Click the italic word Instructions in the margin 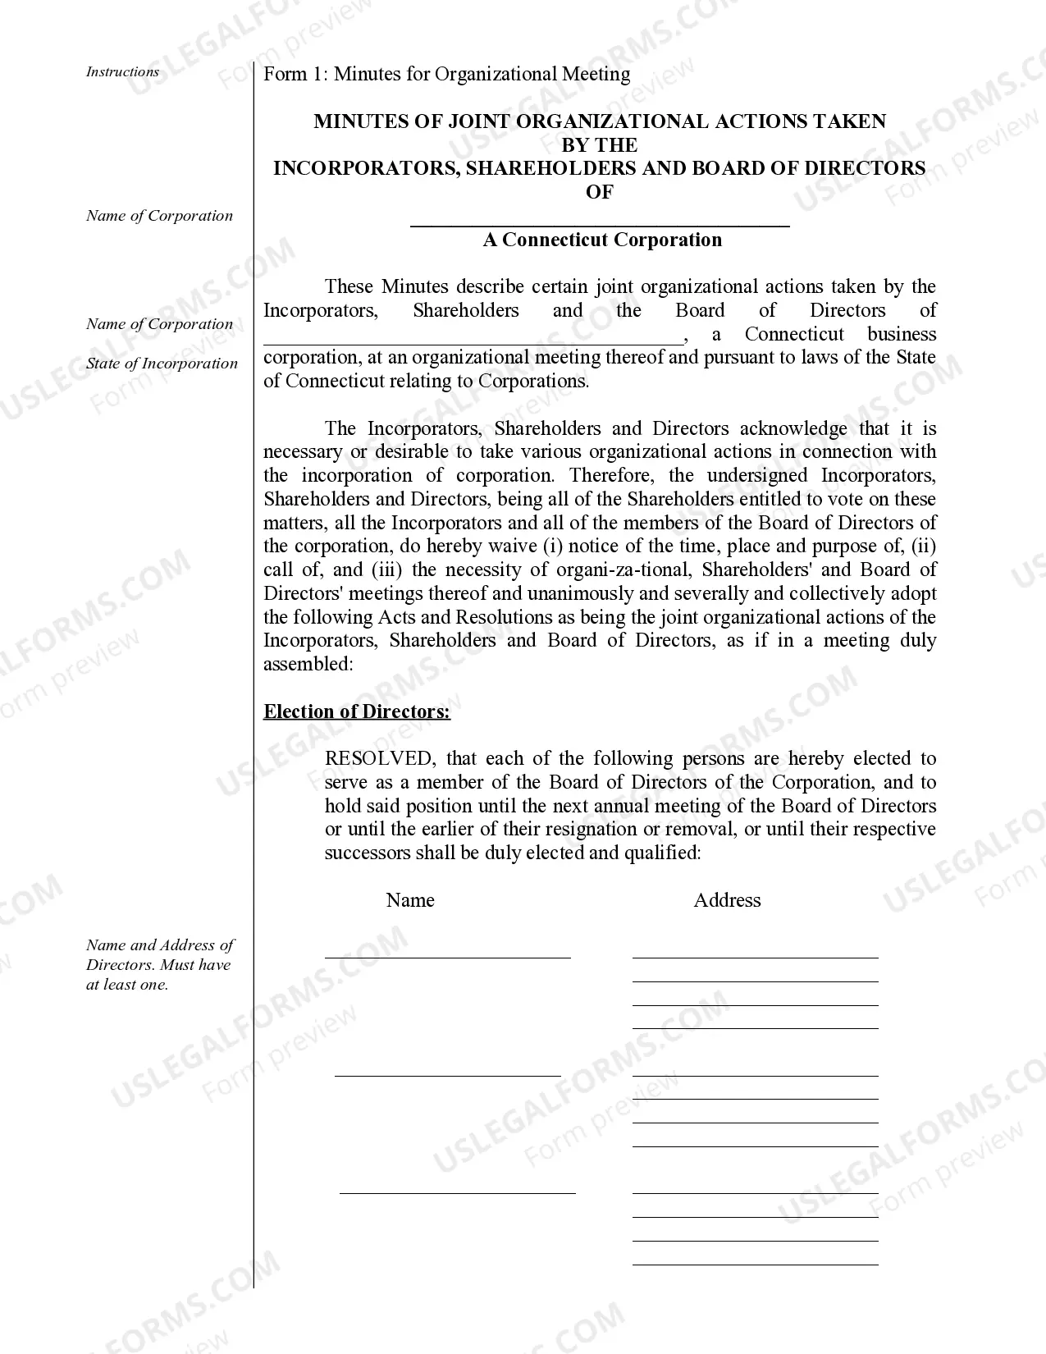(122, 72)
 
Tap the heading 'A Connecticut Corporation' (602, 240)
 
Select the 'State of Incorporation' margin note (162, 364)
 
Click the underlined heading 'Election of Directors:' (356, 711)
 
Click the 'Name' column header (409, 900)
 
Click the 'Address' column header (727, 900)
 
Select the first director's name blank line (447, 955)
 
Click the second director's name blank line (447, 1073)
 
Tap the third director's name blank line (457, 1192)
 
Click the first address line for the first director (755, 956)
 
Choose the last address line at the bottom (755, 1264)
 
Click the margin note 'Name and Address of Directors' (159, 964)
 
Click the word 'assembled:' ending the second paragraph (308, 665)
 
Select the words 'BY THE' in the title (599, 145)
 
